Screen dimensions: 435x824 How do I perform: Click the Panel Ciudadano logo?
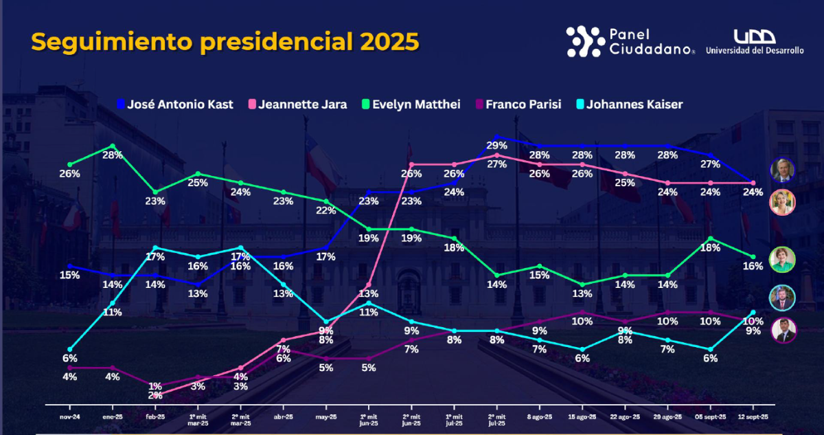(x=630, y=41)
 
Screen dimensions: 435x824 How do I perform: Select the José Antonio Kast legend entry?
(x=174, y=104)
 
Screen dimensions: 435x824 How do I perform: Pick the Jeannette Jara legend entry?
(x=297, y=104)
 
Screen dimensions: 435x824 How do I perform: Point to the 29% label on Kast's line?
(x=496, y=146)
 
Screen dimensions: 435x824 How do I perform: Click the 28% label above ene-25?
(x=113, y=155)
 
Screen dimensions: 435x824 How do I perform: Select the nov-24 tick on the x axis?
(x=69, y=416)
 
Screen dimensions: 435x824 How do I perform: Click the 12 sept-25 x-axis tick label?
(x=753, y=416)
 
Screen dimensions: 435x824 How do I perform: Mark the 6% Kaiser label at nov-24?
(x=69, y=358)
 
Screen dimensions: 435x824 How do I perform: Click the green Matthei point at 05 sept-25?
(x=710, y=238)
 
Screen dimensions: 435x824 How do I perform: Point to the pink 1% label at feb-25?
(x=155, y=386)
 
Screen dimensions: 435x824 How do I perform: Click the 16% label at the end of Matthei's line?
(x=753, y=266)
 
